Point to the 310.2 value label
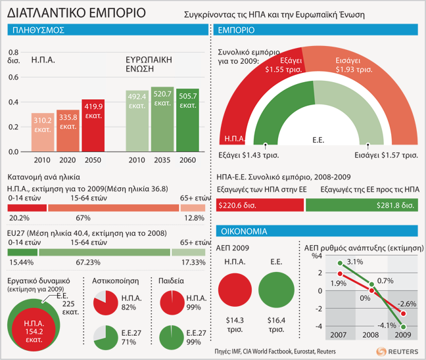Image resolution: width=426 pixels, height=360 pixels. coord(43,121)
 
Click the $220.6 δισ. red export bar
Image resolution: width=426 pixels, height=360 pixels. coord(260,206)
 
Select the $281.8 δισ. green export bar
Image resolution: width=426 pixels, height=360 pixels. coord(361,206)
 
